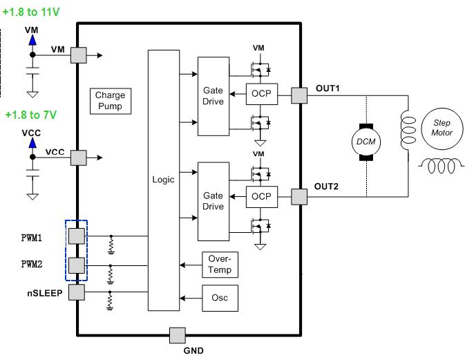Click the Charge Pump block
click(110, 101)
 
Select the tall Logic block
click(163, 180)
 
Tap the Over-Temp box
click(220, 265)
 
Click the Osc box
click(220, 298)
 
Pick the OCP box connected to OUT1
click(262, 95)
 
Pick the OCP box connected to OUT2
click(262, 197)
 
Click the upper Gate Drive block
click(213, 96)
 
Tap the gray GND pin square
click(178, 335)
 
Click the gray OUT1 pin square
click(299, 95)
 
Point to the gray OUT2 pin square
click(299, 197)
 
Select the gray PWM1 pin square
click(77, 236)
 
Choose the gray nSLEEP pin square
click(77, 292)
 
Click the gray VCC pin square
click(79, 158)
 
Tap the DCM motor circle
click(364, 142)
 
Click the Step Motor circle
click(442, 127)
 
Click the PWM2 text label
click(32, 265)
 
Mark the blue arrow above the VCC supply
click(32, 143)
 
